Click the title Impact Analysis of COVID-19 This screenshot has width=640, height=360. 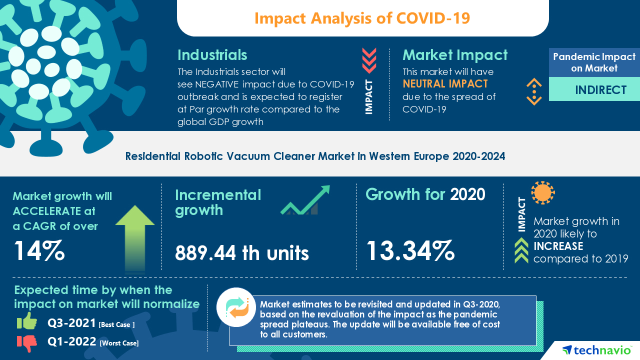click(362, 18)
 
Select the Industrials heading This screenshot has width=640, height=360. click(212, 54)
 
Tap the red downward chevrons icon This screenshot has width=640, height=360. click(369, 61)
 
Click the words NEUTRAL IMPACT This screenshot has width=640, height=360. click(445, 83)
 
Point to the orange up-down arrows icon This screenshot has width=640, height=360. click(534, 91)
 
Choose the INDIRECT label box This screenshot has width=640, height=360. click(594, 89)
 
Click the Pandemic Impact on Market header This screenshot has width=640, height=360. click(594, 62)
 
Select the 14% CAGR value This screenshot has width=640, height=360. click(39, 251)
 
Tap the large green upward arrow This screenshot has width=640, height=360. click(135, 237)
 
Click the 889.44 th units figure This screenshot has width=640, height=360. click(242, 253)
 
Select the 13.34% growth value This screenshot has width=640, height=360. click(410, 251)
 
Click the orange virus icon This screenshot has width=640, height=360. click(542, 192)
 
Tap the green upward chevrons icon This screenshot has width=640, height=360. click(521, 250)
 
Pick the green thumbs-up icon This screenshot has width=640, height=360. click(27, 321)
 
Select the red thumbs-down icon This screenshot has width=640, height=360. click(27, 342)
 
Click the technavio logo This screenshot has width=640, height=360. click(595, 349)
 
